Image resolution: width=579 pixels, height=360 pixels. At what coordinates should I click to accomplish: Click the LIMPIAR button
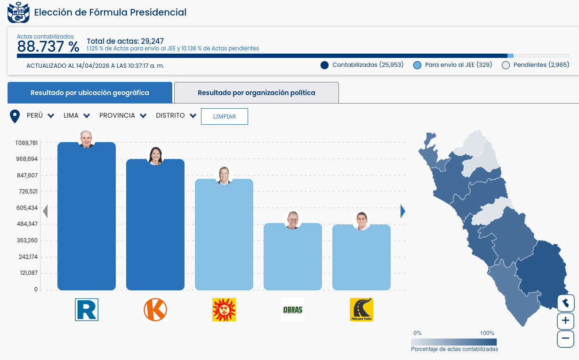click(224, 116)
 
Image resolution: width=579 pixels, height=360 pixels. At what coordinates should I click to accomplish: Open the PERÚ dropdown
click(40, 116)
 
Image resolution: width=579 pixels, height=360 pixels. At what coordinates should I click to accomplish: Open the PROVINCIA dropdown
click(122, 116)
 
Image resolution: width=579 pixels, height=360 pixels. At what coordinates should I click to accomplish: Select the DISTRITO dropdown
click(176, 116)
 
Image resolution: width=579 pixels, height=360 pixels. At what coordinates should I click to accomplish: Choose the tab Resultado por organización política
click(256, 93)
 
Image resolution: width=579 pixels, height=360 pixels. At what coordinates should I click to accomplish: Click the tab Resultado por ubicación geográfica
click(89, 93)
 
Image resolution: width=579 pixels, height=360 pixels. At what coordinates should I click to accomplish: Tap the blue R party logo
click(87, 310)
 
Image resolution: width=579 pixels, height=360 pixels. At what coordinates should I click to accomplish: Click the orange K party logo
click(155, 310)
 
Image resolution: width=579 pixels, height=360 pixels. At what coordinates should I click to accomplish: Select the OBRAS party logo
click(293, 310)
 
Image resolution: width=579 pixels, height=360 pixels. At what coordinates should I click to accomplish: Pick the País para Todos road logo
click(362, 310)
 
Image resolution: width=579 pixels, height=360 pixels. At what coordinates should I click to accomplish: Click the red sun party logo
click(224, 310)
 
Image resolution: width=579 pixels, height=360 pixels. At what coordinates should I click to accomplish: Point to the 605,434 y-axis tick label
click(26, 208)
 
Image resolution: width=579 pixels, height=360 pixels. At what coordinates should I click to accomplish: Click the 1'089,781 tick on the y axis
click(26, 143)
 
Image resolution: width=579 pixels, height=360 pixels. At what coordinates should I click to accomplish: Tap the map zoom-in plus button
click(565, 321)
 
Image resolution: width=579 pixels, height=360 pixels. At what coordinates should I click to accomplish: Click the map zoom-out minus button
click(565, 338)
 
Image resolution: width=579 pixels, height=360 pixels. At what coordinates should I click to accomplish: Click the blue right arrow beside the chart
click(402, 211)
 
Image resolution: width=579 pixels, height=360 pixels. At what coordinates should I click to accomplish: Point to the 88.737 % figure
click(48, 47)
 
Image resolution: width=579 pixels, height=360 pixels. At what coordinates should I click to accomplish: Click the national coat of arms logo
click(18, 12)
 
